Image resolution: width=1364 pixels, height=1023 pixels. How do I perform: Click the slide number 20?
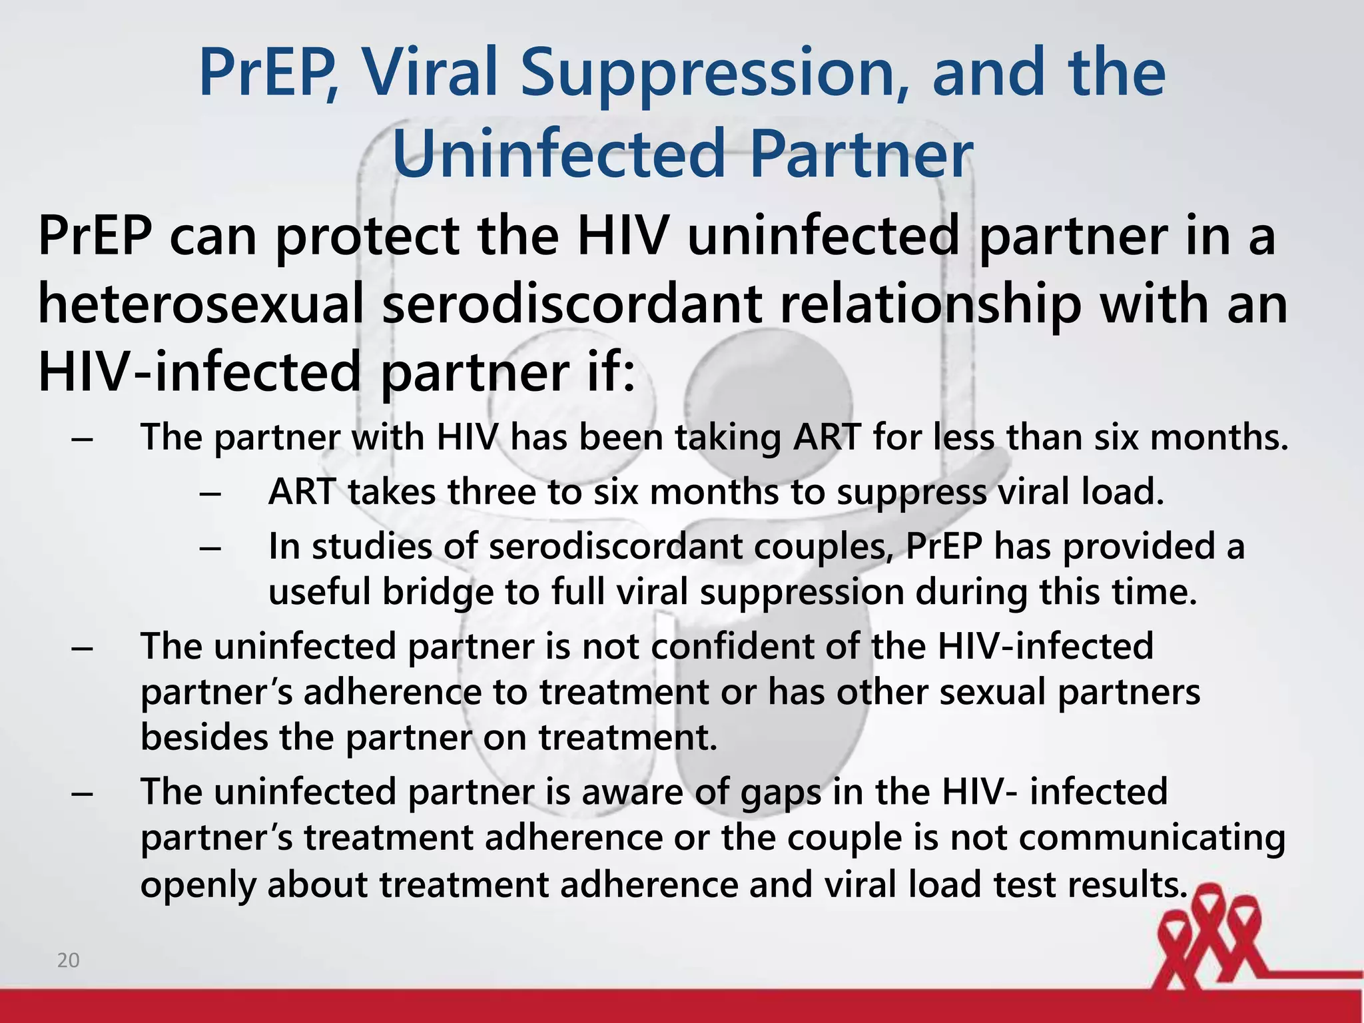tap(69, 960)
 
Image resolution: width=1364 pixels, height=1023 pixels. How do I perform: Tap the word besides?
tap(204, 737)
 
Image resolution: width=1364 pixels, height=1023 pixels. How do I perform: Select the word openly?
tap(198, 885)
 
